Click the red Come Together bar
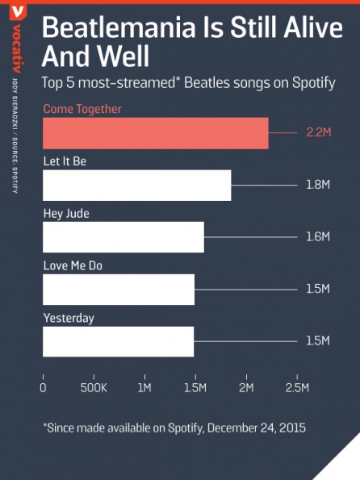pyautogui.click(x=156, y=133)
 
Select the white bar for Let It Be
pyautogui.click(x=137, y=186)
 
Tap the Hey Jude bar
pyautogui.click(x=123, y=237)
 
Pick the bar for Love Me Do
pyautogui.click(x=119, y=290)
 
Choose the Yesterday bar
pyautogui.click(x=119, y=341)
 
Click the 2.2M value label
pyautogui.click(x=319, y=132)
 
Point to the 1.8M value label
pyautogui.click(x=318, y=185)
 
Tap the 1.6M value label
pyautogui.click(x=318, y=236)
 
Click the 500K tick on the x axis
pyautogui.click(x=94, y=388)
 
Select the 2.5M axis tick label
pyautogui.click(x=297, y=388)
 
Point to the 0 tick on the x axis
pyautogui.click(x=43, y=388)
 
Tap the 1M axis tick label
pyautogui.click(x=144, y=388)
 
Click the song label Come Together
pyautogui.click(x=82, y=109)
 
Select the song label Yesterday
pyautogui.click(x=69, y=318)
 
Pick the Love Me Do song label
pyautogui.click(x=73, y=265)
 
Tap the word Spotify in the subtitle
pyautogui.click(x=313, y=83)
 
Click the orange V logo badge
pyautogui.click(x=18, y=12)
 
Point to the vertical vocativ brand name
pyautogui.click(x=17, y=48)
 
